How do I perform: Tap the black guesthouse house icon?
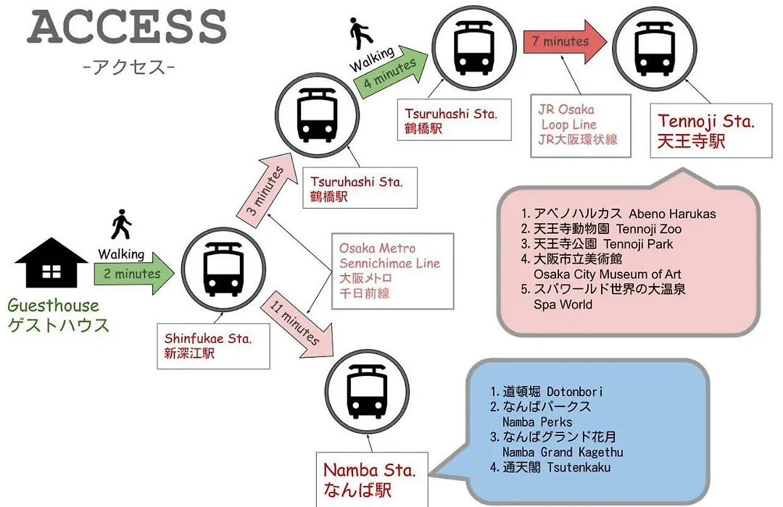pos(51,262)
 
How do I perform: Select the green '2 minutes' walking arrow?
pos(134,273)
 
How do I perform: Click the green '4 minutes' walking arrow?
pos(391,72)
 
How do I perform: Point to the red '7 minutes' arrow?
pos(565,42)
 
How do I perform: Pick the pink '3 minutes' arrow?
pos(265,192)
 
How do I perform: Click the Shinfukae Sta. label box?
pos(213,345)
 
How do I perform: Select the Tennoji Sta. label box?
pos(711,131)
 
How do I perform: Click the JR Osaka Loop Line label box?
pos(581,126)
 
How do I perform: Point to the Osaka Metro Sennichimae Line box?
pos(392,271)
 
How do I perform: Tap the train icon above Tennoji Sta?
pos(655,48)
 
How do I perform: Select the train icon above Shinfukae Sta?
pos(223,269)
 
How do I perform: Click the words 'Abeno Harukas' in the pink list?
pos(672,214)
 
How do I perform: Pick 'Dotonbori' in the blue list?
pos(575,392)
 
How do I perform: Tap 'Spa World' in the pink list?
pos(563,304)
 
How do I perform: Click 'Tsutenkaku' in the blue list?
pos(579,468)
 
